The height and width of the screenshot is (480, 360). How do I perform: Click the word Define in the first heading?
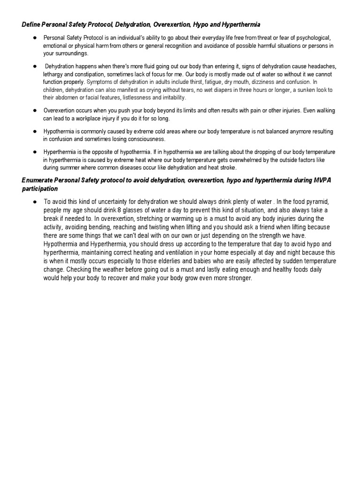click(x=31, y=24)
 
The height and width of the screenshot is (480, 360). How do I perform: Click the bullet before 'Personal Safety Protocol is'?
click(x=35, y=37)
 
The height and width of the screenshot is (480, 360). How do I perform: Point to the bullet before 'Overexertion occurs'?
click(x=35, y=111)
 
